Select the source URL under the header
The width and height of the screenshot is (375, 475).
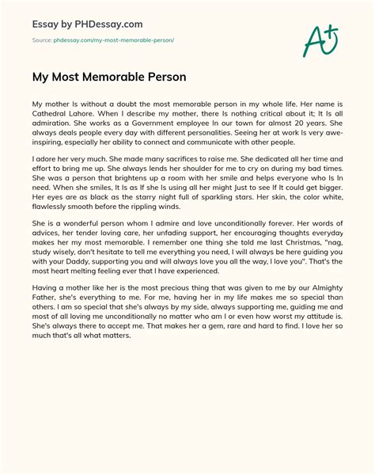[x=103, y=40]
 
